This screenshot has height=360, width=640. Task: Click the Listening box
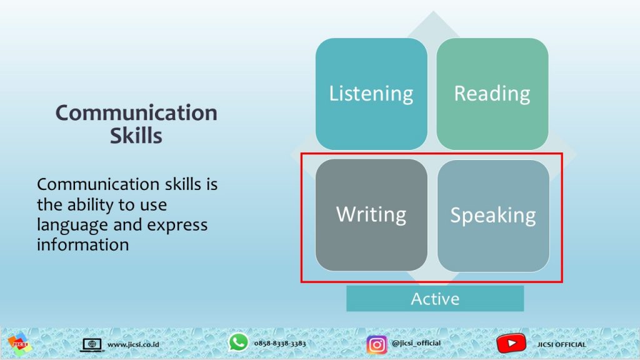pos(371,94)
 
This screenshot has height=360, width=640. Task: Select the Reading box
pos(492,94)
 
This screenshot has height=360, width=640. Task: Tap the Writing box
pos(371,215)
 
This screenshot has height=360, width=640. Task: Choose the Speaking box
pos(493,216)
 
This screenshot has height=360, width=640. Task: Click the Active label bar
pos(435,299)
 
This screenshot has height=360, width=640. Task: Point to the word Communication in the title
pos(136,112)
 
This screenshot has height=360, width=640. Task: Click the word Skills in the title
pos(136,136)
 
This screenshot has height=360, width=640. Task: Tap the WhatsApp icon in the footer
pos(238,342)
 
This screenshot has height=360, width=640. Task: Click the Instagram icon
pos(376,344)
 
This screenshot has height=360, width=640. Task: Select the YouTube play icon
pos(511,343)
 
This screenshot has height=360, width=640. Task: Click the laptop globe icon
pos(92,344)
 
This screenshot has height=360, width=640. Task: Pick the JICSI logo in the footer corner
pos(19,344)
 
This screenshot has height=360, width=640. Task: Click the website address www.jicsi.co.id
pos(133,344)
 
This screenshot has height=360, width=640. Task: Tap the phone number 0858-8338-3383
pos(280,343)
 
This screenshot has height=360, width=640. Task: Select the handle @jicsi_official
pos(416,343)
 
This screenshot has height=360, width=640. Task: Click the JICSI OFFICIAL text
pos(562,344)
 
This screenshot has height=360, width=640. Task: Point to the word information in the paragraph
pos(83,245)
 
